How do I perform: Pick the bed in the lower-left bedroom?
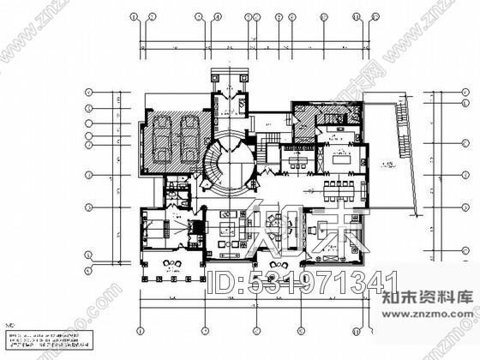point(154,229)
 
